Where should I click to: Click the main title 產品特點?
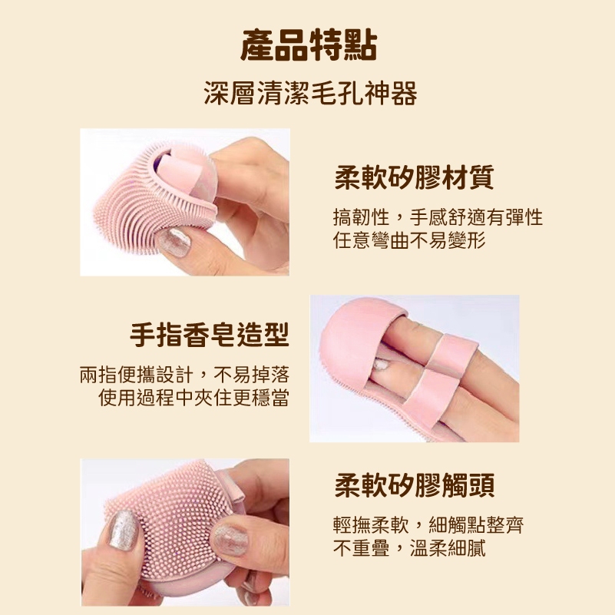tap(309, 45)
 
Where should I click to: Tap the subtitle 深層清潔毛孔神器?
tap(310, 94)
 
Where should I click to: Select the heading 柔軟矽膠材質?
tap(414, 177)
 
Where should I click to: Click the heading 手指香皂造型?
tap(210, 335)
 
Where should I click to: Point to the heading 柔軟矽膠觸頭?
tap(414, 485)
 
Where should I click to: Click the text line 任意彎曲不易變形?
tap(409, 240)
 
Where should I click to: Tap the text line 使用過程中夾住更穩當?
tap(193, 398)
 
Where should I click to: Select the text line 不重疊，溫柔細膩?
tap(409, 548)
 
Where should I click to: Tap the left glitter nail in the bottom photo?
tap(124, 530)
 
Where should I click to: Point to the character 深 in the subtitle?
tap(217, 94)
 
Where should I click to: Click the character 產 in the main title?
tap(257, 45)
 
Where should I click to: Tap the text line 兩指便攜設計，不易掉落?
tap(184, 375)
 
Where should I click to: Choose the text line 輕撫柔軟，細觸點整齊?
tap(428, 525)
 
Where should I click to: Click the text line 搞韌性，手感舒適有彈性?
tap(438, 217)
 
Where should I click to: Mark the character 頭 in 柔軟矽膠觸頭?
tap(481, 485)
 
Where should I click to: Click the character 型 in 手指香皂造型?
tap(276, 335)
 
